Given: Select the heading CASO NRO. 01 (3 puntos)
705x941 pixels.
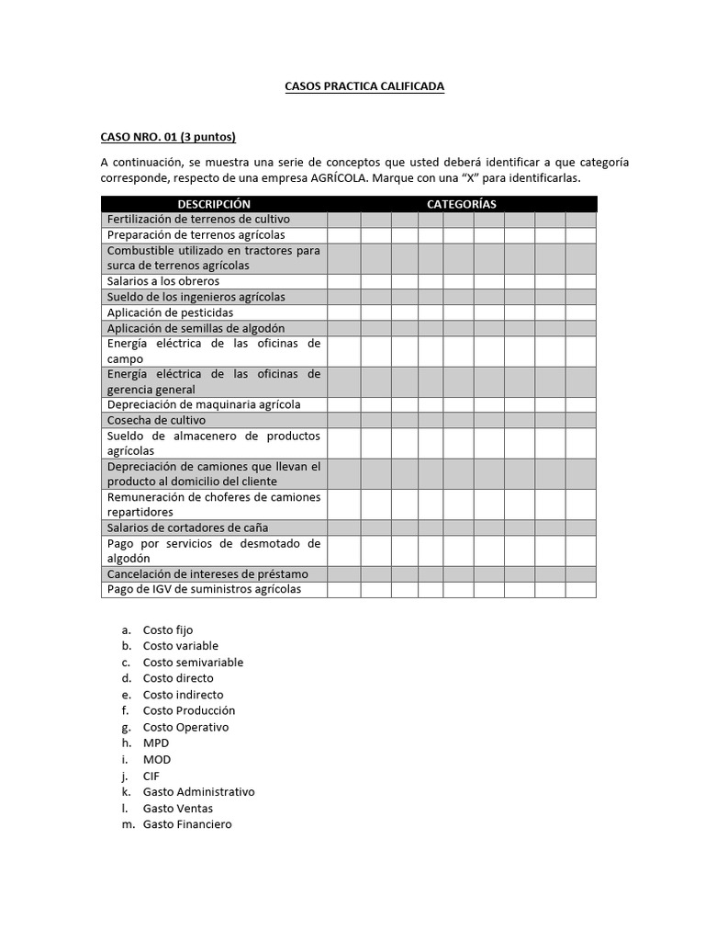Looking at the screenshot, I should (x=168, y=138).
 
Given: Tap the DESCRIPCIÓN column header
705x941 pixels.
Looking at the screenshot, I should (x=214, y=204).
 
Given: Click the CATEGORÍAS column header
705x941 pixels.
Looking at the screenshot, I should (x=461, y=204).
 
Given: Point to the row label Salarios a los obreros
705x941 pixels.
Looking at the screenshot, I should (x=164, y=281).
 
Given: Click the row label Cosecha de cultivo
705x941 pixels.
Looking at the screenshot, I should (x=156, y=420).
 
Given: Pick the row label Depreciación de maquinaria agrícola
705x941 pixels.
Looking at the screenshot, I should (x=204, y=404).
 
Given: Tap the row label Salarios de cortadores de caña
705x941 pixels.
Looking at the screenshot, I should (x=187, y=527).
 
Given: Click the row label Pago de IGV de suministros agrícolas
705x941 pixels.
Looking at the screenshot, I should (x=204, y=589).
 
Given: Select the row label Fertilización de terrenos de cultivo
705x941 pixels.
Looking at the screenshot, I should (x=198, y=219).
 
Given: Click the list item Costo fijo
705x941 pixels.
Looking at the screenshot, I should (x=168, y=629).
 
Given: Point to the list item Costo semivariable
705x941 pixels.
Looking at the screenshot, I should (x=193, y=662).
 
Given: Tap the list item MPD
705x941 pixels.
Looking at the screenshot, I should (x=156, y=743).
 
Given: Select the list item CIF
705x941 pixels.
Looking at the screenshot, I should (x=151, y=776).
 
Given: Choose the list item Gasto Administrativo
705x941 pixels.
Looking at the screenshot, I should (x=198, y=792).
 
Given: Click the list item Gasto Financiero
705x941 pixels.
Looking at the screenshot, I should (x=187, y=824).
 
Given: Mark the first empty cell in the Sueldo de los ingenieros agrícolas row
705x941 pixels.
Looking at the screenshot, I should (x=343, y=297).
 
